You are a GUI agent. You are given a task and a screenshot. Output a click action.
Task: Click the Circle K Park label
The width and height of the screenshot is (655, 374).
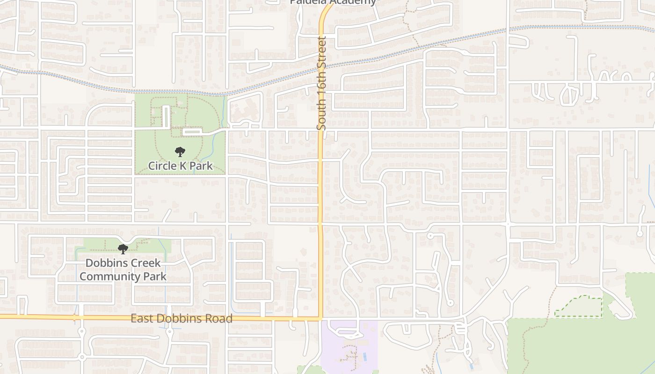pyautogui.click(x=180, y=166)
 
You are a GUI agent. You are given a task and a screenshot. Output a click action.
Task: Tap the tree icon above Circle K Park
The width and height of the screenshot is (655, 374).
pyautogui.click(x=180, y=152)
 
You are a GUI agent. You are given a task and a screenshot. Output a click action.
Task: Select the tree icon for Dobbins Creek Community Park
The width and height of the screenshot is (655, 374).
pyautogui.click(x=123, y=249)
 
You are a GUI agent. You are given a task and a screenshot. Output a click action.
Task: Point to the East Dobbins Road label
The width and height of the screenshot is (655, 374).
pyautogui.click(x=182, y=319)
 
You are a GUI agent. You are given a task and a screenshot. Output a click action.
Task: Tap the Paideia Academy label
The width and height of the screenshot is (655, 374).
pyautogui.click(x=333, y=2)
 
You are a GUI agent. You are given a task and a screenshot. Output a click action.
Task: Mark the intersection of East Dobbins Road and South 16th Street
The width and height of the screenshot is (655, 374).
pyautogui.click(x=321, y=319)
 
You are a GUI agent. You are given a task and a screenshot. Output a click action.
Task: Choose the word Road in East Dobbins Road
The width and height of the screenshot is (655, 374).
pyautogui.click(x=220, y=319)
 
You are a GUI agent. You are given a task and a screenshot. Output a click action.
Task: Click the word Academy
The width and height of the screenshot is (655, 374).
pyautogui.click(x=353, y=2)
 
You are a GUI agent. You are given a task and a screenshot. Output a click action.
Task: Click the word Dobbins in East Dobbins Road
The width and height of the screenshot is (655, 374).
pyautogui.click(x=181, y=319)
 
